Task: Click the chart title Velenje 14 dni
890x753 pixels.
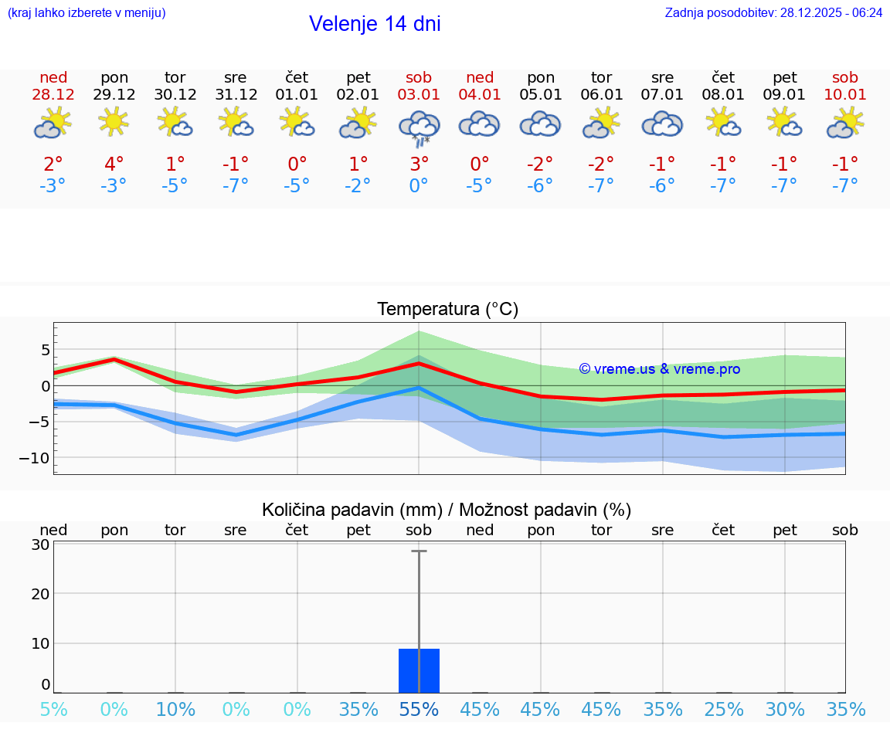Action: pos(375,24)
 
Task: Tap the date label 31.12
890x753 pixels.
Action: pos(236,94)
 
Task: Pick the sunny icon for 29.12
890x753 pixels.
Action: pos(114,121)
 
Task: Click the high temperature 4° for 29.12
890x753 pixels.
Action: pos(114,165)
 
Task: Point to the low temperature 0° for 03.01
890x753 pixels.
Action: pos(419,185)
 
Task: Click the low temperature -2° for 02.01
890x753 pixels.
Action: pos(358,185)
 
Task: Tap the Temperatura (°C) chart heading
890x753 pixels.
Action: pos(447,310)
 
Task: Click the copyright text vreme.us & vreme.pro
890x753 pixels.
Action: pos(659,369)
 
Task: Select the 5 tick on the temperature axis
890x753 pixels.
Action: pos(45,350)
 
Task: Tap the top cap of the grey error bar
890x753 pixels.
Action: pos(419,551)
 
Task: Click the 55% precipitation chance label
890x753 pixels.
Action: pos(419,709)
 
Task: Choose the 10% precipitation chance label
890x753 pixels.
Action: pos(175,709)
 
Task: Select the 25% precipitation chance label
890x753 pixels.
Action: pos(724,709)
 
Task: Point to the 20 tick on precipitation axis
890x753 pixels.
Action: pos(40,593)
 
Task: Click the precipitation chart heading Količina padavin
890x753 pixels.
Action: pos(447,510)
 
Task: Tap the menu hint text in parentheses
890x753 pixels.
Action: pos(87,12)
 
